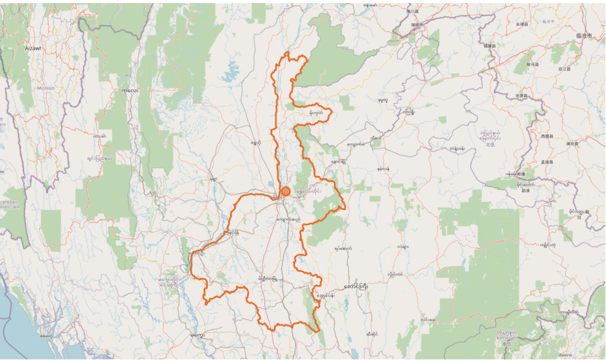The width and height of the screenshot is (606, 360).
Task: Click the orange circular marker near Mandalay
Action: [x=285, y=192]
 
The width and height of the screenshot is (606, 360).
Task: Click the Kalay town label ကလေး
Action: [x=130, y=90]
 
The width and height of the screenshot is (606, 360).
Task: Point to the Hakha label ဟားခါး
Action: [x=99, y=136]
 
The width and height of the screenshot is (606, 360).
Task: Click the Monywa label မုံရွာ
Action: [x=213, y=179]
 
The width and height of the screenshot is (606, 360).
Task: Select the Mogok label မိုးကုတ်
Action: [x=316, y=112]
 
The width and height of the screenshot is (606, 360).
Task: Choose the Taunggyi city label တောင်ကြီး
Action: [x=355, y=286]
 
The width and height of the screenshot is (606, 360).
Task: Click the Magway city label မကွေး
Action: [x=197, y=335]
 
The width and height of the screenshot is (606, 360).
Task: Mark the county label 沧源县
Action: [x=522, y=96]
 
